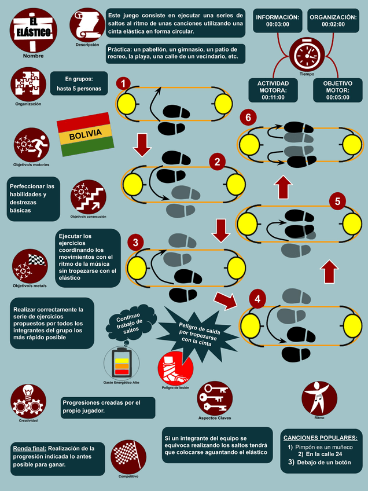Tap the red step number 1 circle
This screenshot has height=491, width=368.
coord(123,84)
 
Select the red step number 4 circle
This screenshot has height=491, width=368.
coord(258,299)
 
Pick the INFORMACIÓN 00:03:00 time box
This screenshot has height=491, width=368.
coord(278,21)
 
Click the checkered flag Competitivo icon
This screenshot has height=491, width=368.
coord(128,457)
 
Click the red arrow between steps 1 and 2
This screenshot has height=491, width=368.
coord(142,144)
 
